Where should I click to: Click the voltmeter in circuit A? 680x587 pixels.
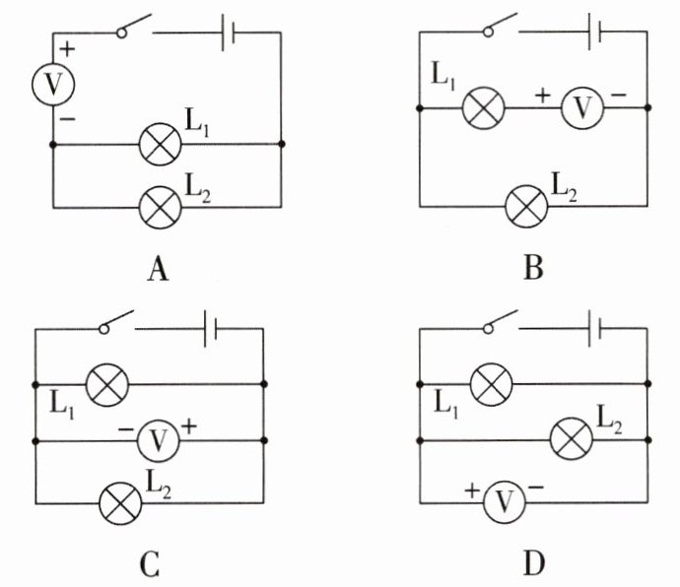click(x=53, y=84)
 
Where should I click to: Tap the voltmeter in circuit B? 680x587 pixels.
click(x=582, y=107)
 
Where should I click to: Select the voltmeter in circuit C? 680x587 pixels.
click(x=158, y=441)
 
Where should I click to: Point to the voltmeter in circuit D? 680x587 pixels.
click(x=504, y=502)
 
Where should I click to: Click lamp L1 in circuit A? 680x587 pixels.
click(x=160, y=144)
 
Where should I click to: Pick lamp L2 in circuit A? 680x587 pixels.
click(x=160, y=207)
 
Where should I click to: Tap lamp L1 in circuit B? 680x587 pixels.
click(x=484, y=107)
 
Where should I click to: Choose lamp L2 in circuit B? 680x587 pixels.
click(x=526, y=207)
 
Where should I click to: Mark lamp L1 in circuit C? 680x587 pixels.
click(x=107, y=384)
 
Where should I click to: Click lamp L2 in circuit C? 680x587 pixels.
click(x=120, y=503)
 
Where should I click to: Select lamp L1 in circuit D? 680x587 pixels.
click(x=491, y=384)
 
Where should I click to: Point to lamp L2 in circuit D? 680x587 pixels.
click(x=572, y=438)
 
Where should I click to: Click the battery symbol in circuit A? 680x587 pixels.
click(x=228, y=33)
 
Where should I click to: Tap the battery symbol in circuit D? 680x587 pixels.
click(x=594, y=328)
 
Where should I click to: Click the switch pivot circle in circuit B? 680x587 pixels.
click(x=488, y=32)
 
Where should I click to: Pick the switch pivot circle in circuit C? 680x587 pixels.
click(x=104, y=329)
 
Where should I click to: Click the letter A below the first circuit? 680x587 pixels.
click(x=158, y=269)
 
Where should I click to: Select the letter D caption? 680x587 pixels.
click(x=534, y=564)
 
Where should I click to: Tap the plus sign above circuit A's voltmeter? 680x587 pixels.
click(x=67, y=49)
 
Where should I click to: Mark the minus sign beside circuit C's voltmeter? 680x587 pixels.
click(x=126, y=429)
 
